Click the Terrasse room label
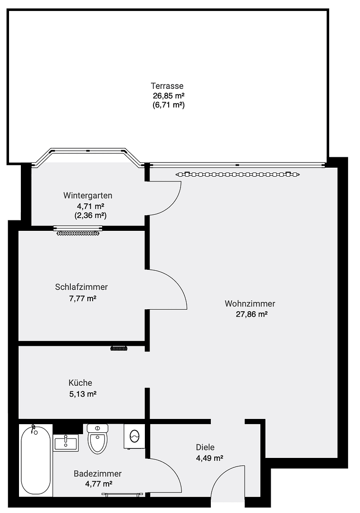(167, 86)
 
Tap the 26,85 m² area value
(169, 95)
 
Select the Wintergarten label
(88, 195)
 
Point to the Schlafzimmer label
(81, 287)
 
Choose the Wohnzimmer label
(250, 304)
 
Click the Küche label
(80, 382)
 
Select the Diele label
(205, 447)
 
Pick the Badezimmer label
(97, 474)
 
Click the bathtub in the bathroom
(36, 459)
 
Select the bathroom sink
(66, 443)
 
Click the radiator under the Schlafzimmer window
(78, 233)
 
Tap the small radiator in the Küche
(119, 349)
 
